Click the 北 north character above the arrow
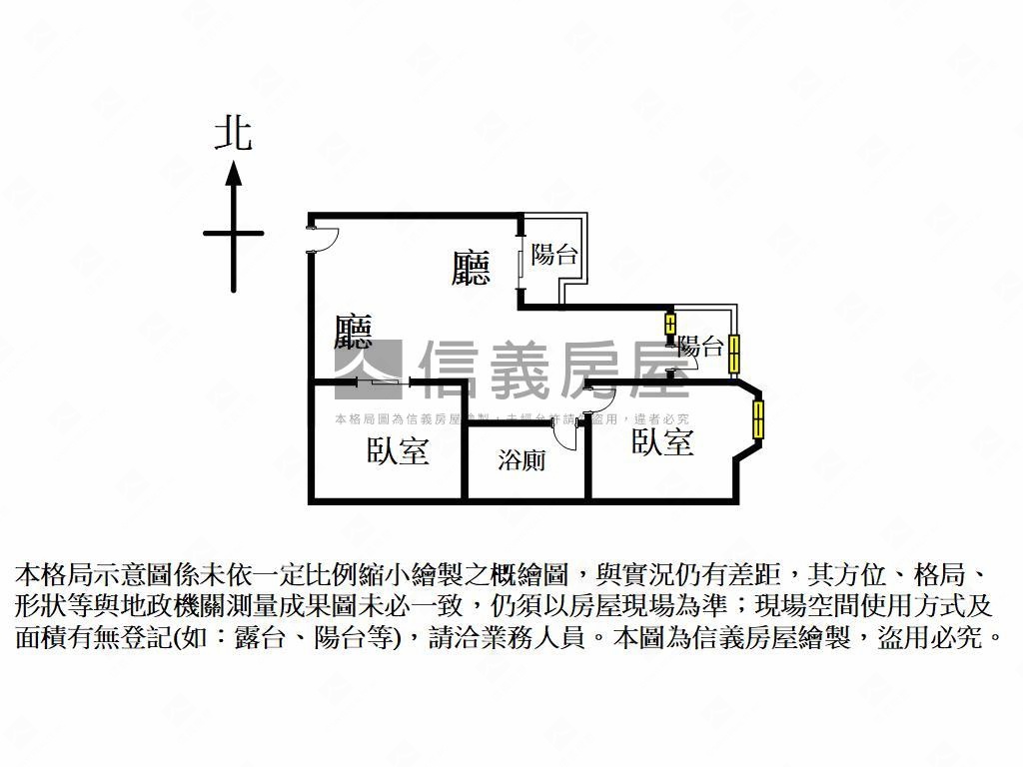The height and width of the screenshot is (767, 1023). pyautogui.click(x=233, y=134)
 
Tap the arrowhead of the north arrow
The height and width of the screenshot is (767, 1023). pyautogui.click(x=234, y=175)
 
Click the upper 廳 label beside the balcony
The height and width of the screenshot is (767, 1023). pyautogui.click(x=471, y=268)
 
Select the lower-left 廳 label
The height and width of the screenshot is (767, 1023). pyautogui.click(x=354, y=333)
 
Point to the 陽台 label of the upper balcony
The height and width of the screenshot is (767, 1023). pyautogui.click(x=553, y=255)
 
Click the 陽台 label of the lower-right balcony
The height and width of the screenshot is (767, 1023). pyautogui.click(x=700, y=348)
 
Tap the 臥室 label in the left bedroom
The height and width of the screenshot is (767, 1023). pyautogui.click(x=398, y=451)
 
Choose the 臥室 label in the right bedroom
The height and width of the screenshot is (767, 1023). pyautogui.click(x=662, y=441)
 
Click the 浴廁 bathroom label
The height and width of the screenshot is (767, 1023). pyautogui.click(x=520, y=460)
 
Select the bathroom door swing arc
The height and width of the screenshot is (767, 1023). pyautogui.click(x=566, y=436)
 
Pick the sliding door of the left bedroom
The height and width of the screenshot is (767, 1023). pyautogui.click(x=383, y=382)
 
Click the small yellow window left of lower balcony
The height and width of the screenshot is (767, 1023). pyautogui.click(x=670, y=326)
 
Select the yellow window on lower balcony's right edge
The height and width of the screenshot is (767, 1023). pyautogui.click(x=735, y=354)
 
